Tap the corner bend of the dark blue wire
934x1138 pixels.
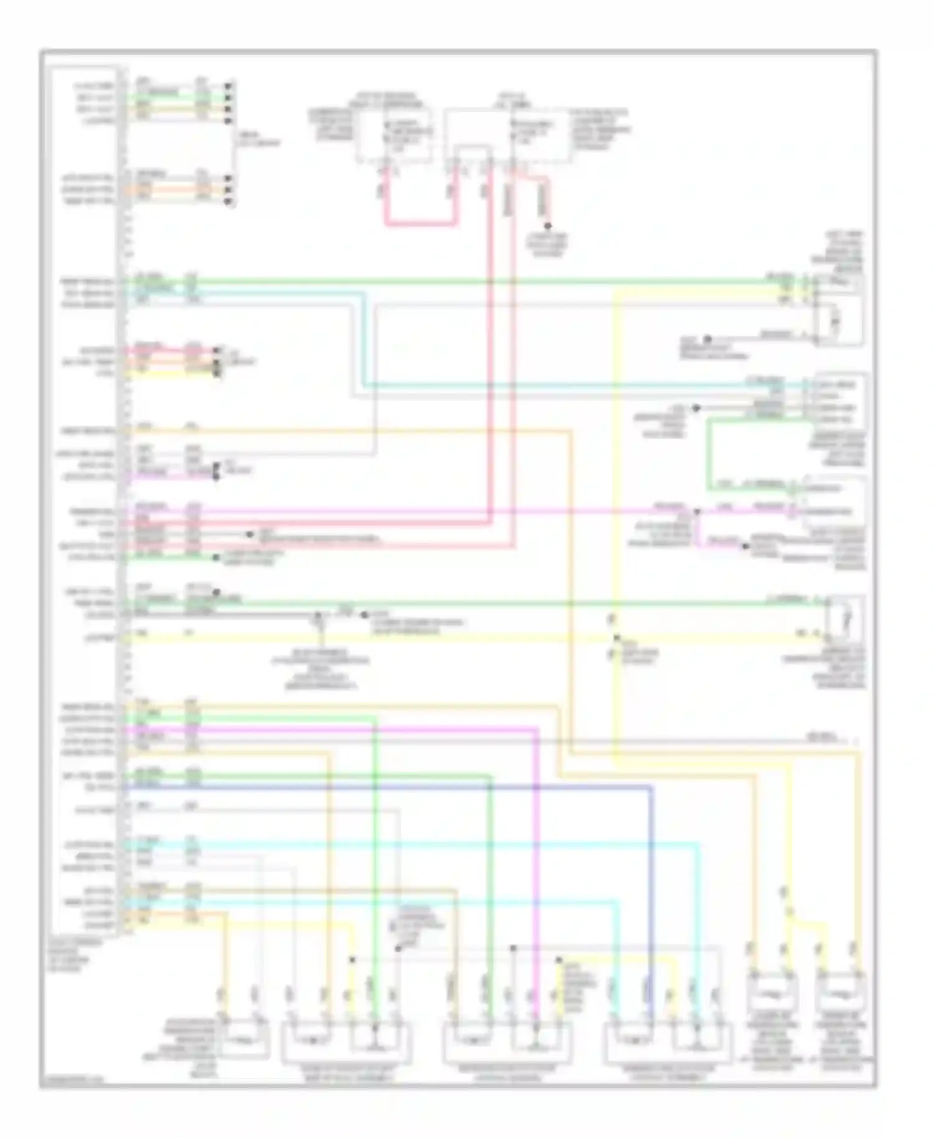click(651, 788)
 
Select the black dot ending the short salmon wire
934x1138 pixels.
click(549, 225)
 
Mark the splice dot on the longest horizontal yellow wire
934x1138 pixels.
click(616, 637)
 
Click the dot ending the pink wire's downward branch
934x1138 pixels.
click(744, 547)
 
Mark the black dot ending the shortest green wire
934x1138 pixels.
click(215, 557)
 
